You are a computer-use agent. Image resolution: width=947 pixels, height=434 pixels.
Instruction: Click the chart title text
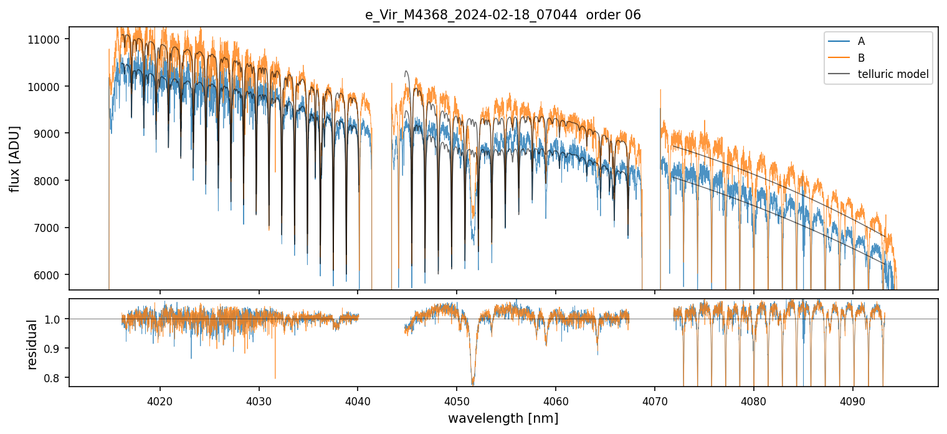click(x=503, y=15)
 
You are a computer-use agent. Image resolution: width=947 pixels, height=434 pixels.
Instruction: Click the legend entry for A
click(x=861, y=41)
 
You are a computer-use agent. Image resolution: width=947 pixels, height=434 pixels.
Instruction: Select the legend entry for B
click(x=861, y=58)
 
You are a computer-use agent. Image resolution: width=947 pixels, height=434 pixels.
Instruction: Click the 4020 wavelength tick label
click(x=160, y=399)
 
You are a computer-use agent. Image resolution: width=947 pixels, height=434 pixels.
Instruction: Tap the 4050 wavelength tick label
click(x=457, y=399)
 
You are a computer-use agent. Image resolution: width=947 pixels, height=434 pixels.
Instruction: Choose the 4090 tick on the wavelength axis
click(x=852, y=399)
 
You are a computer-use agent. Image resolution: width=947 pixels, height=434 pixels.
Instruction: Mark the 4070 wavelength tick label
click(x=655, y=399)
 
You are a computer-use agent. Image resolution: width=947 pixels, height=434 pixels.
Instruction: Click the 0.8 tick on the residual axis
click(x=54, y=378)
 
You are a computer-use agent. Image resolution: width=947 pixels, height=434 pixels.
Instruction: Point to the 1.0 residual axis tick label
click(x=54, y=319)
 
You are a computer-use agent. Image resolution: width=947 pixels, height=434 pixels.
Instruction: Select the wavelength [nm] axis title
click(x=503, y=418)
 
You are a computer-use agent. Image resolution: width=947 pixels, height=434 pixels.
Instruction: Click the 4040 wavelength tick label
click(x=358, y=399)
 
